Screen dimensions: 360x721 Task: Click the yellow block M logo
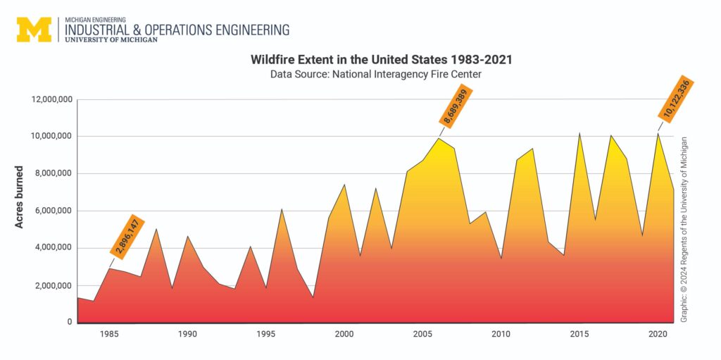click(x=35, y=30)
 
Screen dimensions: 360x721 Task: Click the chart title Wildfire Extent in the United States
click(x=381, y=60)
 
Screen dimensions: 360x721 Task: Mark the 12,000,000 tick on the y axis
click(x=51, y=99)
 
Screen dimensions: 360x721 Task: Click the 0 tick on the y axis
click(x=69, y=323)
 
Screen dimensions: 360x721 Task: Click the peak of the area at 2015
click(x=579, y=133)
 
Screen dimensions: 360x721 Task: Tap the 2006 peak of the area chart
click(x=439, y=138)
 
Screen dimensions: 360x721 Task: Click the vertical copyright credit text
click(x=684, y=229)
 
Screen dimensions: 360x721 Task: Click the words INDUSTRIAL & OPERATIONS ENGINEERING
click(x=177, y=30)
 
